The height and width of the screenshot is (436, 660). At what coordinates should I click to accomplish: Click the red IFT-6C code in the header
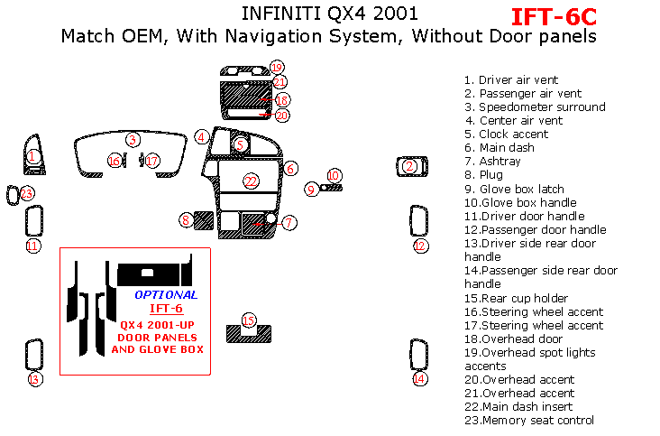pos(554,17)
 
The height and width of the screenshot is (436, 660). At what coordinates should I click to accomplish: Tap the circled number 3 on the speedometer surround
pos(133,139)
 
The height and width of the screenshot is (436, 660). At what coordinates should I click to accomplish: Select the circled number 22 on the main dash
pos(251,181)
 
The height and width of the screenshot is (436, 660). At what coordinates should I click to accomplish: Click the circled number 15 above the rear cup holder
pos(249,320)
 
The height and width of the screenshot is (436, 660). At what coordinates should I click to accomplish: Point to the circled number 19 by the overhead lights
pos(277,68)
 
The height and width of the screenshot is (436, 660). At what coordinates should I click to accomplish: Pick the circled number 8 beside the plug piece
pos(186,220)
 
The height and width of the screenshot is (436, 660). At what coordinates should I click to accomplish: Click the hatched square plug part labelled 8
pos(204,220)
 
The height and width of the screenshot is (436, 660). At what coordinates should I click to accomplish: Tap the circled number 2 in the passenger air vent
pos(409,166)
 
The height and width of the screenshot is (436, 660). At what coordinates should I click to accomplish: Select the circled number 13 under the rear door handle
pos(35,379)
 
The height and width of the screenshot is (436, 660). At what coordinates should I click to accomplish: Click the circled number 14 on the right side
pos(419,379)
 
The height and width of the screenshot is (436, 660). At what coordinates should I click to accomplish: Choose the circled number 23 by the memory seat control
pos(26,194)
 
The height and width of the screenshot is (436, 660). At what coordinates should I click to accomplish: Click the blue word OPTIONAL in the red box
pos(166,295)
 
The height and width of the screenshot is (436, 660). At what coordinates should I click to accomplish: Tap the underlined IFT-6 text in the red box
pos(166,309)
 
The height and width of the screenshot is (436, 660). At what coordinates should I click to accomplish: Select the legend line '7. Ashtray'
pos(492,162)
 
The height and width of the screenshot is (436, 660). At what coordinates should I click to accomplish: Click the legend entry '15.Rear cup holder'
pos(516,298)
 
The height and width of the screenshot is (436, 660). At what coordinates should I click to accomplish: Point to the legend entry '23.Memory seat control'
pos(529,420)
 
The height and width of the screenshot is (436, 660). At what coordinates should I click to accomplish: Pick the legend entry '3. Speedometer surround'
pos(535,107)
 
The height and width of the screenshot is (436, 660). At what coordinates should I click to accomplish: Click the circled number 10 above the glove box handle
pos(334,176)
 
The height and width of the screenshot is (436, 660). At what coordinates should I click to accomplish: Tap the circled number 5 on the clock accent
pos(240,145)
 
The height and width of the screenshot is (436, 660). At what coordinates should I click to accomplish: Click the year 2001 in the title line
pos(395,14)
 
